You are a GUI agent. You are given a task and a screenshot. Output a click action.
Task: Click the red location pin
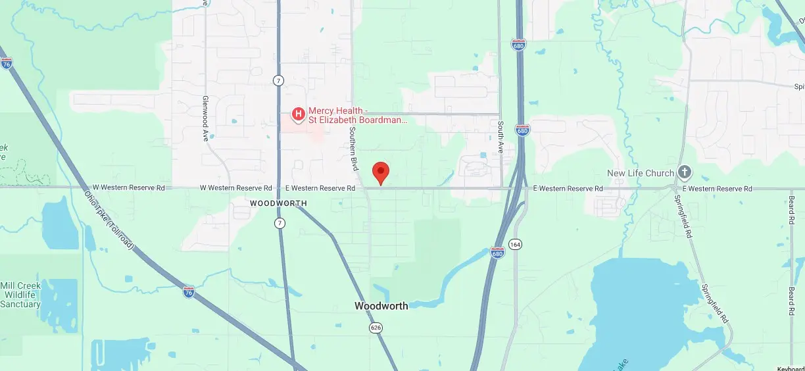[x=380, y=172]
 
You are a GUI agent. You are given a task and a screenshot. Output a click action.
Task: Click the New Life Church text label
[x=640, y=173]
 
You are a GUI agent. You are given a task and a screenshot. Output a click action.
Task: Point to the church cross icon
[x=685, y=173]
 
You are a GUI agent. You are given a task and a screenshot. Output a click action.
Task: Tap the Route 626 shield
[x=376, y=328]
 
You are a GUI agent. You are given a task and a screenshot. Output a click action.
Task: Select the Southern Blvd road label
[x=353, y=149]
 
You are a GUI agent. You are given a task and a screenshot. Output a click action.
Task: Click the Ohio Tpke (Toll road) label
[x=110, y=220]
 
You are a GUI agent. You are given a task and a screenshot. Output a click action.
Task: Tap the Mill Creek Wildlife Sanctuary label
[x=20, y=295]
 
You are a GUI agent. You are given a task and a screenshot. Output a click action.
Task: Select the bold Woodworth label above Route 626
[x=381, y=306]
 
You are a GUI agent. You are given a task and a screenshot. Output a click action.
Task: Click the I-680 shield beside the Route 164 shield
[x=498, y=253]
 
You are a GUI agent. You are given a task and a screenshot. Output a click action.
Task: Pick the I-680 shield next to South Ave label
[x=522, y=130]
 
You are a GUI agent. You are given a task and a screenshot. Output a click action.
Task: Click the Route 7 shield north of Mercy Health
[x=279, y=80]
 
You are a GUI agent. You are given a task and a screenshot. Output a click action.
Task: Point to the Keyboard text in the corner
[x=791, y=368]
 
